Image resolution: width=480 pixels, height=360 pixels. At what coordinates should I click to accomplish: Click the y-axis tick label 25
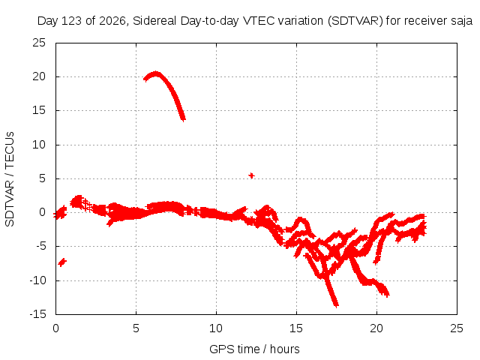[x=39, y=43]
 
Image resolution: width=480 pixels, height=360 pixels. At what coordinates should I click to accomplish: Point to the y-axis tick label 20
[x=39, y=76]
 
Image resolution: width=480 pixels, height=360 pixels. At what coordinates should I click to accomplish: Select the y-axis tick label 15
[x=39, y=110]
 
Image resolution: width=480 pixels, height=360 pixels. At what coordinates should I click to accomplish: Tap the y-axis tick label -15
[x=37, y=314]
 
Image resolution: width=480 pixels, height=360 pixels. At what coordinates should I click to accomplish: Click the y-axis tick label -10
[x=37, y=280]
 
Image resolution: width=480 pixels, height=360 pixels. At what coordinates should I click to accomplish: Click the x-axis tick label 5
[x=136, y=328]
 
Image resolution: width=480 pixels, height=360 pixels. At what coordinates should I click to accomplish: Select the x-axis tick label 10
[x=216, y=328]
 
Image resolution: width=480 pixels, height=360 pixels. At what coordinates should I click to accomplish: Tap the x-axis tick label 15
[x=296, y=328]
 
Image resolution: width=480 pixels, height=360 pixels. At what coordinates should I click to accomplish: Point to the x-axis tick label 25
[x=457, y=328]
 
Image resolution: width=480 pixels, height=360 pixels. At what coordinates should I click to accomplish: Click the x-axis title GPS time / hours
[x=254, y=349]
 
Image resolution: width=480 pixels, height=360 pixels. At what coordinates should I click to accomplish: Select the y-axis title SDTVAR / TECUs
[x=10, y=179]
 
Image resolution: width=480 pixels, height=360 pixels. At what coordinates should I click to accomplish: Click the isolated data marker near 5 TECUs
[x=251, y=175]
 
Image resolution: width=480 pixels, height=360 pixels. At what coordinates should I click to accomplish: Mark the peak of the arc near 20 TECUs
[x=156, y=73]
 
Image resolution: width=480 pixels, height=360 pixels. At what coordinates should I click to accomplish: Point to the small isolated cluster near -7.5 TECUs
[x=62, y=262]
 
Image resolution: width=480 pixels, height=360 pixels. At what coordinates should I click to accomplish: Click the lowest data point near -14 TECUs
[x=336, y=305]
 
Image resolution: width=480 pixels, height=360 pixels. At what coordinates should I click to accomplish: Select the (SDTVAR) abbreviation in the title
[x=355, y=21]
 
